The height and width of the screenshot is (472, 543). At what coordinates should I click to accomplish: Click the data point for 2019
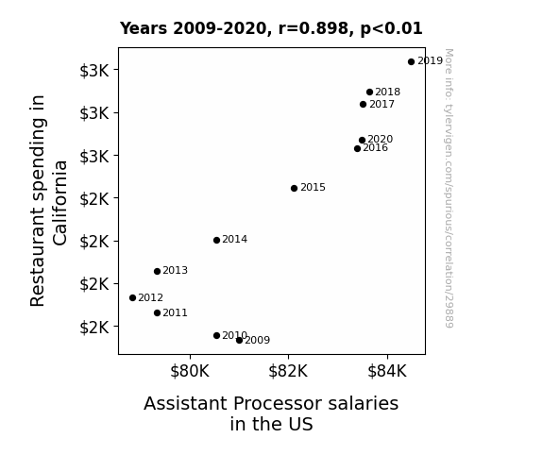[411, 62]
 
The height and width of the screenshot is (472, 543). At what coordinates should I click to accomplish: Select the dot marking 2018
[369, 93]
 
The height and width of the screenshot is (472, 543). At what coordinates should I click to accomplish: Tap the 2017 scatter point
[363, 104]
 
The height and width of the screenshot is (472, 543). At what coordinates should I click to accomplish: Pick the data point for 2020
[362, 141]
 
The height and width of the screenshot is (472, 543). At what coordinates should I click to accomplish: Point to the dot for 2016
[357, 148]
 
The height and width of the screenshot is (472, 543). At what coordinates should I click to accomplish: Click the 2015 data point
[294, 189]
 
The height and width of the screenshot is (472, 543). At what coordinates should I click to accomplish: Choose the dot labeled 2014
[217, 241]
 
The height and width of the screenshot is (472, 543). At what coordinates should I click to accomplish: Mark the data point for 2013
[157, 271]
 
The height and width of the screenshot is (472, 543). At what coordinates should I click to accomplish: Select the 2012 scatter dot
[132, 297]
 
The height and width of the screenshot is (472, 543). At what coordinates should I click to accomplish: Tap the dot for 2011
[157, 313]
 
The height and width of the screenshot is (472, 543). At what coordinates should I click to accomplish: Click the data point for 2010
[217, 335]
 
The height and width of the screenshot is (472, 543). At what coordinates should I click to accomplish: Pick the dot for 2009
[239, 341]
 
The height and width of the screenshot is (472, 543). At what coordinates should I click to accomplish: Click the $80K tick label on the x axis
[190, 371]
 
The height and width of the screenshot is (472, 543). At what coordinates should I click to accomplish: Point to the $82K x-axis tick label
[288, 371]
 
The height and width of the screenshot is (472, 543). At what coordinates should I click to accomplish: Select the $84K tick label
[387, 371]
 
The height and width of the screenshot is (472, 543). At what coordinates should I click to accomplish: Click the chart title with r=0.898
[271, 28]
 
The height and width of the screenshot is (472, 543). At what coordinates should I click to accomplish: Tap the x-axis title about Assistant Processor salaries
[271, 413]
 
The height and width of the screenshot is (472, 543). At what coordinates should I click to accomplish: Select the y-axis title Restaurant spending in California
[48, 201]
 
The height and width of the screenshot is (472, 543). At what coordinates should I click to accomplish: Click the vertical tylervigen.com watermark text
[450, 188]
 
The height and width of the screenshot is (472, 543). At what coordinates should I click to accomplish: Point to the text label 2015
[314, 187]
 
